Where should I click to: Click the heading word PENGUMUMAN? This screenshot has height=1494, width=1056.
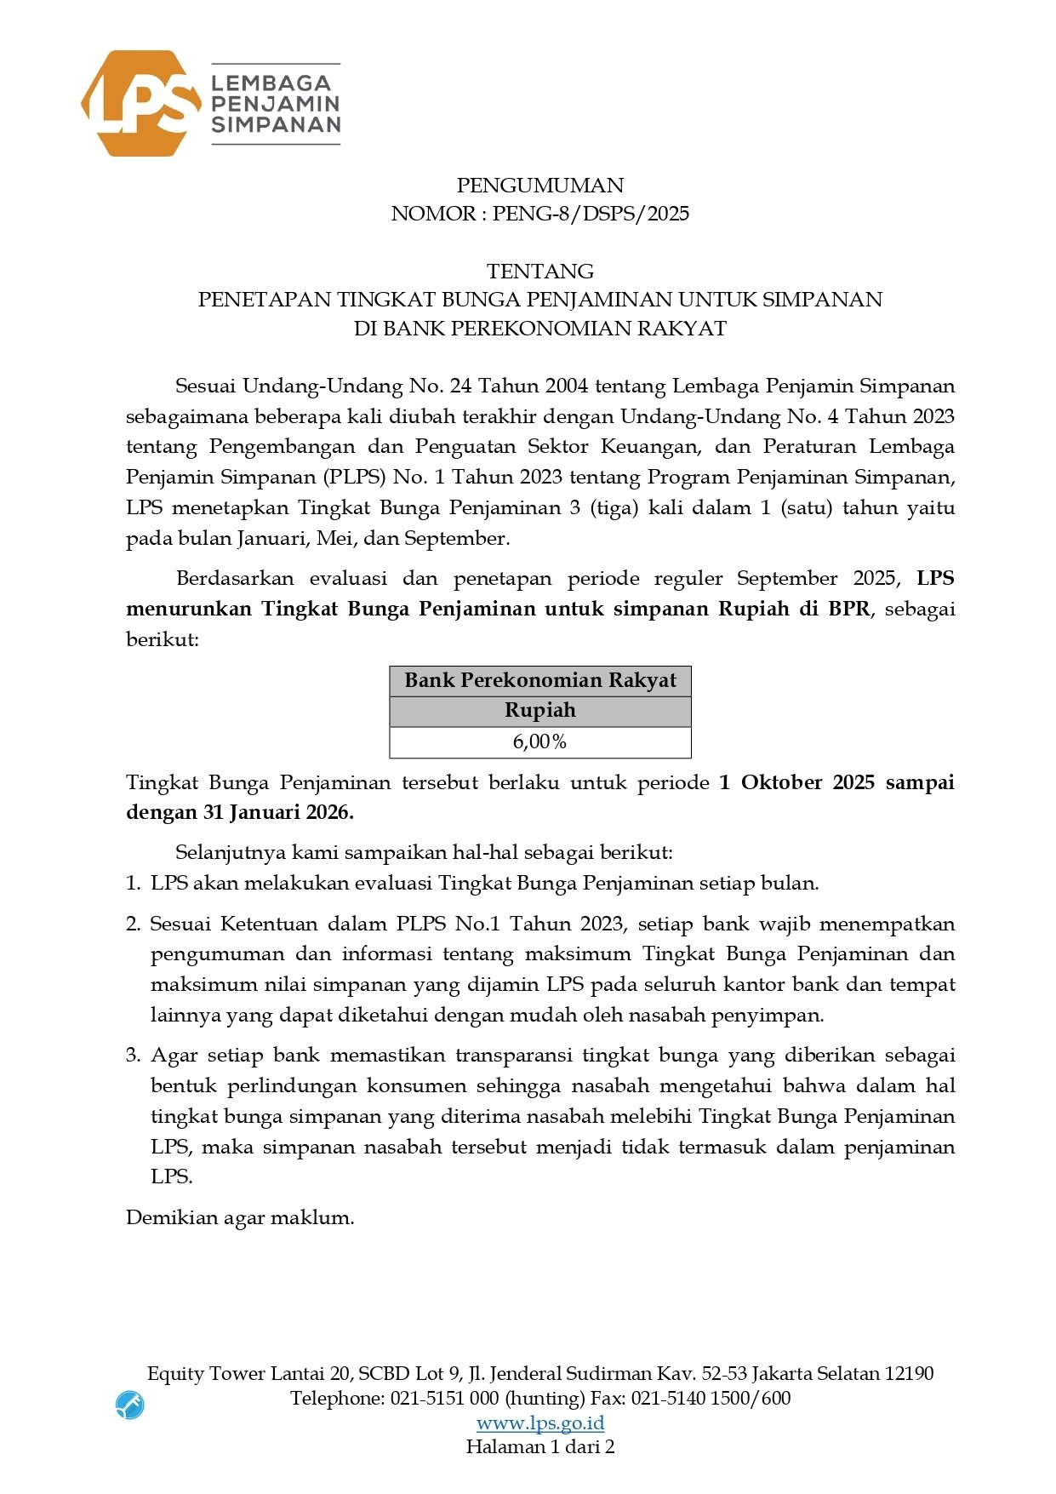tap(539, 186)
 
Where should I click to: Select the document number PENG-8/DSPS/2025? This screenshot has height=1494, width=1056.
tap(591, 214)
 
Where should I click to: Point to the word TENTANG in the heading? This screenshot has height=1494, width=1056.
tap(539, 272)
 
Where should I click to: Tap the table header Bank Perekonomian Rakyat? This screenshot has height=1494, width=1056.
tap(539, 681)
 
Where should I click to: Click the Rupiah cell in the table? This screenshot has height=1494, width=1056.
tap(539, 711)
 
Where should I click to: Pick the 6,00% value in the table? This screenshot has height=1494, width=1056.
tap(539, 742)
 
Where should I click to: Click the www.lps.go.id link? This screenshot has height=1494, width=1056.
tap(539, 1422)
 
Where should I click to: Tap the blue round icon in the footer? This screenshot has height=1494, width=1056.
tap(129, 1405)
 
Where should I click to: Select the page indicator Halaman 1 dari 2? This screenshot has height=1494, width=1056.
tap(539, 1446)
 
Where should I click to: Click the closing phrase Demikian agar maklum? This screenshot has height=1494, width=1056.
tap(240, 1217)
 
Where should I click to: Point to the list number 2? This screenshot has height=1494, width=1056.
tap(133, 924)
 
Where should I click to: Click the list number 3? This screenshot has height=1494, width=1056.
tap(133, 1056)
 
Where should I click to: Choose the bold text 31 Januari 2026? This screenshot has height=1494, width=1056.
tap(277, 813)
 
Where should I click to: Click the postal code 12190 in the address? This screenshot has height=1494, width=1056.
tap(909, 1373)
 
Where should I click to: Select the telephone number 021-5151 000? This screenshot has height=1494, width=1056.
tap(444, 1398)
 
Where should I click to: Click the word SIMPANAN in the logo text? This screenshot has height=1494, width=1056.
tap(276, 124)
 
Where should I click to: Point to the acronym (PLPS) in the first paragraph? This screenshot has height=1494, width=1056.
tap(354, 477)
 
